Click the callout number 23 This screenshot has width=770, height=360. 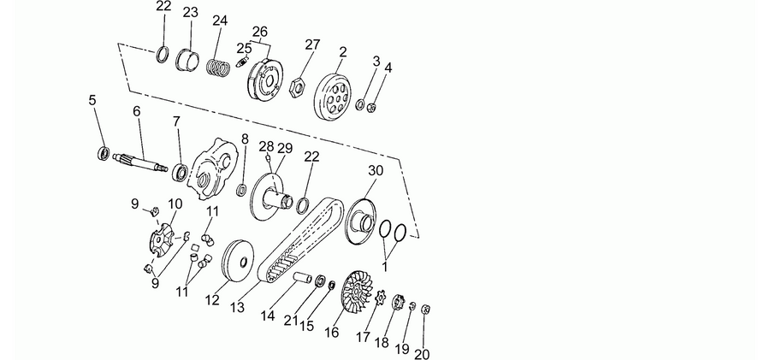(x=190, y=12)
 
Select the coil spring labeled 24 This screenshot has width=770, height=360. (x=218, y=68)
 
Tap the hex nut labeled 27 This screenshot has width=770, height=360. (x=295, y=88)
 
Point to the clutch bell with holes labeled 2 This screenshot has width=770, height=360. (x=333, y=97)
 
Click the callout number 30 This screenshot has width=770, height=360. (x=376, y=171)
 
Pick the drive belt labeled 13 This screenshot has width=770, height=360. (x=300, y=239)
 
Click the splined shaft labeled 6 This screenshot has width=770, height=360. (x=140, y=162)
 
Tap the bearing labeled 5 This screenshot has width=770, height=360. (x=104, y=153)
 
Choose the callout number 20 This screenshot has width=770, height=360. (x=422, y=354)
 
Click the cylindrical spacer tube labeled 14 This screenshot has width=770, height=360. (x=303, y=278)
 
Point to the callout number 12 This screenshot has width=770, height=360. (x=212, y=300)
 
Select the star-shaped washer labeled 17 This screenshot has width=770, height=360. (x=380, y=297)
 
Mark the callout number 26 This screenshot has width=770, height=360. (x=260, y=32)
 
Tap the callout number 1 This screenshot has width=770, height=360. (x=384, y=267)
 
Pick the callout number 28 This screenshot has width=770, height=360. (x=266, y=146)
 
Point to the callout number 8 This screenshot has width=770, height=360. (x=245, y=139)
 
